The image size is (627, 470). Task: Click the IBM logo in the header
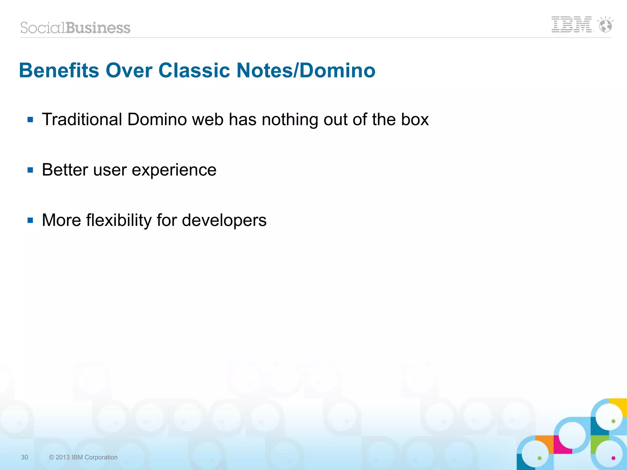coord(571,24)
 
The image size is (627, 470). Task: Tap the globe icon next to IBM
coord(605,25)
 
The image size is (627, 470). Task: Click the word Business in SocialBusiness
coord(98,28)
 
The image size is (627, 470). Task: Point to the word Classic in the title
coord(194,70)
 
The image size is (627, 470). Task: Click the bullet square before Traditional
coord(30,120)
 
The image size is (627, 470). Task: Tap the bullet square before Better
coord(30,170)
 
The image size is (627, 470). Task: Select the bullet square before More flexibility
coord(30,220)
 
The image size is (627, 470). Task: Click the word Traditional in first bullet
coord(82,119)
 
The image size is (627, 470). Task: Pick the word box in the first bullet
coord(415,119)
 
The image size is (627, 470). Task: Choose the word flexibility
coord(119,220)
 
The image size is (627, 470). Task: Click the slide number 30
coord(24,457)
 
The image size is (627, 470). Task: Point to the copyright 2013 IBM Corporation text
coord(83,457)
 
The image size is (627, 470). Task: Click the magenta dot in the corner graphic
coord(613,458)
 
